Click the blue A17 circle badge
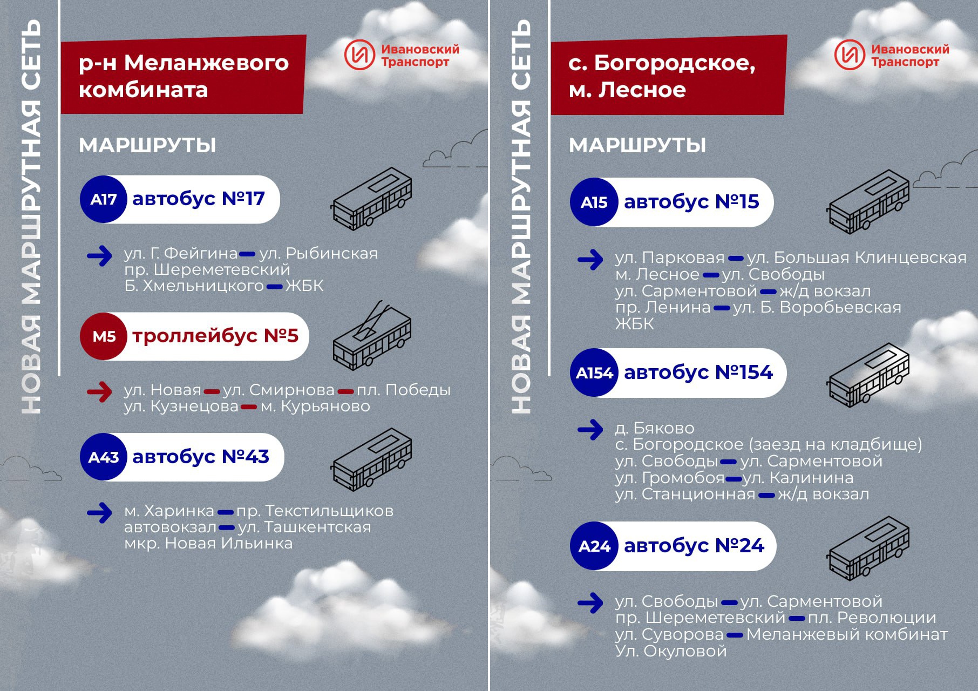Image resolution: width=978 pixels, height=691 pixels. tap(104, 199)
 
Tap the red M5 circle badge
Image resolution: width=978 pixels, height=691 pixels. tap(104, 336)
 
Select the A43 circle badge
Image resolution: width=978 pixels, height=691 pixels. tap(104, 457)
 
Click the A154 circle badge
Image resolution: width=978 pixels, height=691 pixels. tap(594, 372)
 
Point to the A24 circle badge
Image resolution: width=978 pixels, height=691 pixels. tap(594, 546)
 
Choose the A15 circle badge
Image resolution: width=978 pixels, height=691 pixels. tap(594, 202)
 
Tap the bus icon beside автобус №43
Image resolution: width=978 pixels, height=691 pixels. tap(372, 459)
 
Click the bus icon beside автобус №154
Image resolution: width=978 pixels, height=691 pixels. tap(868, 375)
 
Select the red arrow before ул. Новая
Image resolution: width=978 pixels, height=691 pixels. tap(99, 391)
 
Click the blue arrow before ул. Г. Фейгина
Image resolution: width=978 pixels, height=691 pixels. tap(99, 256)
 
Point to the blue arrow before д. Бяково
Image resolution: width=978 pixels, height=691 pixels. tap(590, 430)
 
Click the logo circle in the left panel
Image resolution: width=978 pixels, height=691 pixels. tap(359, 55)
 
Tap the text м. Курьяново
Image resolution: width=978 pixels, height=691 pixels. tap(315, 406)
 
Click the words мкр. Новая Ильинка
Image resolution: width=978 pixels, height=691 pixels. tap(208, 543)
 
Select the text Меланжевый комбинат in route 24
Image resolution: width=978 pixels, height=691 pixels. tap(847, 634)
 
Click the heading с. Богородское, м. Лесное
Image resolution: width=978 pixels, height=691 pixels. tap(662, 76)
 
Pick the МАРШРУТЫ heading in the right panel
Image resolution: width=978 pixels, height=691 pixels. tap(637, 145)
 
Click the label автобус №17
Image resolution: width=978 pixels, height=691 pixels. tap(199, 199)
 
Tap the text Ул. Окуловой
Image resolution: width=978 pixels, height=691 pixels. tap(671, 651)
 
